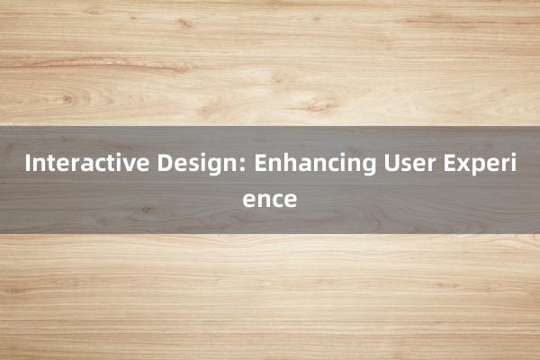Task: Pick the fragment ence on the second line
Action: click(x=270, y=199)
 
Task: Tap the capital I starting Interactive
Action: click(x=29, y=165)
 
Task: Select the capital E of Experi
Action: click(x=447, y=165)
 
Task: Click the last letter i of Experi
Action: click(x=512, y=165)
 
